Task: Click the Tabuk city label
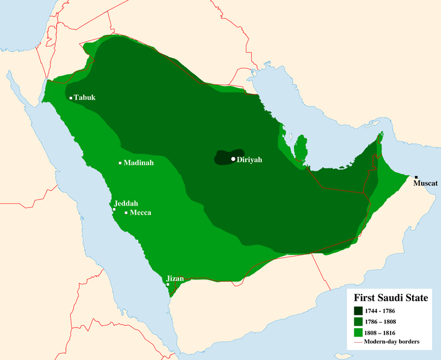tap(85, 97)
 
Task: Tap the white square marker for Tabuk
tap(71, 98)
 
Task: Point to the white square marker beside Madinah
tap(120, 163)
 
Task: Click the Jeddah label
tap(124, 203)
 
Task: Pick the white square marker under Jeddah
tap(114, 209)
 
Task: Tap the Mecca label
tap(141, 213)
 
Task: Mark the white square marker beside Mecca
tap(126, 213)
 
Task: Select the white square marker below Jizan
tap(168, 284)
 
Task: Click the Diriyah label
tap(250, 160)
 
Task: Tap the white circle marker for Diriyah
tap(233, 159)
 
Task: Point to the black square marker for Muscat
tap(416, 177)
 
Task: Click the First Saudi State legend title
tap(390, 297)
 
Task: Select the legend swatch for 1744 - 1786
tap(358, 311)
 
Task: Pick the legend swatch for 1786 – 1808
tap(358, 322)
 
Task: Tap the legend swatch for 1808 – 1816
tap(358, 332)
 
